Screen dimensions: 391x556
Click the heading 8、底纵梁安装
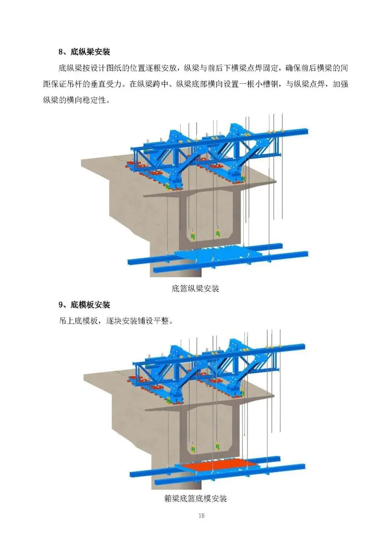click(x=84, y=52)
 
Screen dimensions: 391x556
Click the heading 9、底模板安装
click(x=84, y=305)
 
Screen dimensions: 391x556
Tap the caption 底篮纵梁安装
click(x=195, y=288)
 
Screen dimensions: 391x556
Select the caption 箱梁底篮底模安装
click(x=195, y=498)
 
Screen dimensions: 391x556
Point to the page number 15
click(x=201, y=515)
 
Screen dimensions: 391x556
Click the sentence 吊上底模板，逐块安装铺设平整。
click(x=116, y=321)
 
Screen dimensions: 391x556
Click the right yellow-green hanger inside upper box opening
click(x=218, y=233)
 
